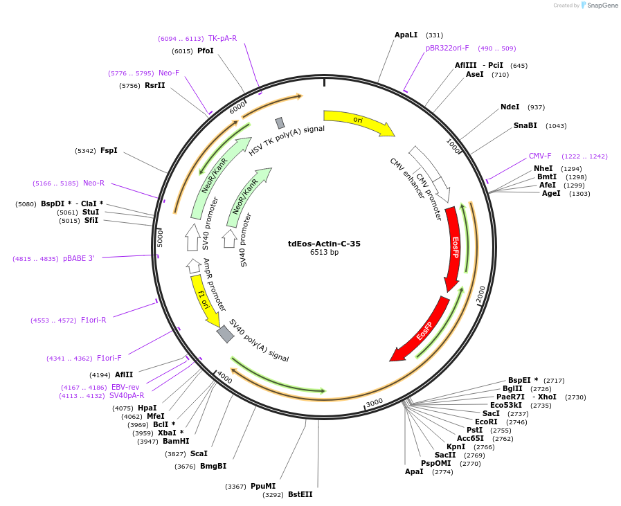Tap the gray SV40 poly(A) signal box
click(226, 334)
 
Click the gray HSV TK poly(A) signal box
click(280, 123)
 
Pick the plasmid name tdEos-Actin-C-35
click(324, 244)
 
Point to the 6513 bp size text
click(324, 252)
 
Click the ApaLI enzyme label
click(406, 35)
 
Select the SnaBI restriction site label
click(525, 125)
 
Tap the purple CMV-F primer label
click(540, 156)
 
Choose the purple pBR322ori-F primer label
click(447, 48)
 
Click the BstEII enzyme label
click(300, 494)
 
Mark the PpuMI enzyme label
click(263, 486)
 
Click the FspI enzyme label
click(109, 150)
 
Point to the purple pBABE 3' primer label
click(79, 259)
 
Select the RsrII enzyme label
click(155, 86)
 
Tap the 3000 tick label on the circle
click(375, 403)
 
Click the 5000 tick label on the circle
click(160, 238)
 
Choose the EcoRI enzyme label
click(486, 422)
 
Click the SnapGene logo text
click(602, 5)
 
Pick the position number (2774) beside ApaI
click(443, 472)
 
